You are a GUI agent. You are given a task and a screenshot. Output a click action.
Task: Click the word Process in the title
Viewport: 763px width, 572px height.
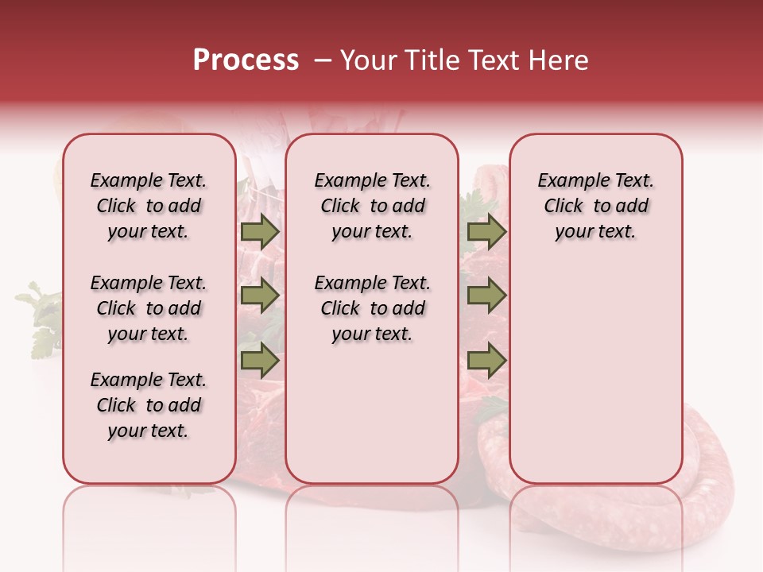point(246,60)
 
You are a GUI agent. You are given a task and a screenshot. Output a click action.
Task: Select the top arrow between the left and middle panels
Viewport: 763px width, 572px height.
point(260,232)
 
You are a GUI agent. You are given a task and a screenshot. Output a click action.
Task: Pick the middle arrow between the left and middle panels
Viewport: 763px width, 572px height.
point(260,296)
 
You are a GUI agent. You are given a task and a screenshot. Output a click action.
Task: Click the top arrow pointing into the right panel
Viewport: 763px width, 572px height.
point(486,232)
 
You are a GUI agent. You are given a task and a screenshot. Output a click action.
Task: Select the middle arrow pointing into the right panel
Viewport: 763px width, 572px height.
point(486,296)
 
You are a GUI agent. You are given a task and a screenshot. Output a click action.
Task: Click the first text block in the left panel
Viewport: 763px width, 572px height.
point(149,206)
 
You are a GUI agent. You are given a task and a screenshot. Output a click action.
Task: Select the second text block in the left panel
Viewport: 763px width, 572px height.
point(149,308)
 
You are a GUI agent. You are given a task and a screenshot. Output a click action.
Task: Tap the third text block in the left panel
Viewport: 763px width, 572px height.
point(149,405)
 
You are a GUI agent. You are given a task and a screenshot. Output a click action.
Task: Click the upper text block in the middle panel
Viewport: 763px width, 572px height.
point(372,206)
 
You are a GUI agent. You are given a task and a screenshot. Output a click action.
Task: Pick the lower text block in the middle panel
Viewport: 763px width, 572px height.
point(372,308)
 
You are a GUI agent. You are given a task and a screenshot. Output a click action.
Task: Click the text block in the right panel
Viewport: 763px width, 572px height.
point(595,206)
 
